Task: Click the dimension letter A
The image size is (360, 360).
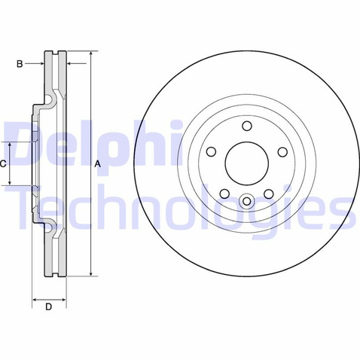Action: [x=97, y=164]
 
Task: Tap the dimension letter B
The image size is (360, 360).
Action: [x=20, y=64]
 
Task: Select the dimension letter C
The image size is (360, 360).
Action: [x=3, y=164]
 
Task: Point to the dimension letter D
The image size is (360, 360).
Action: [x=48, y=307]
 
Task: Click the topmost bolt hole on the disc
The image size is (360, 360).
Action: [x=247, y=126]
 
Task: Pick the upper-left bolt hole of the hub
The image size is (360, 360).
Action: [x=211, y=151]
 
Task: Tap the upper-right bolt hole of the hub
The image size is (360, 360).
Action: [x=282, y=152]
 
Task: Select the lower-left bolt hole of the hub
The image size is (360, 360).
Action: [x=224, y=194]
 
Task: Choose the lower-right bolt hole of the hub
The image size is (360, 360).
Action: [x=269, y=194]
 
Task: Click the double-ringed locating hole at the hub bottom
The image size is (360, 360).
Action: [x=247, y=201]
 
